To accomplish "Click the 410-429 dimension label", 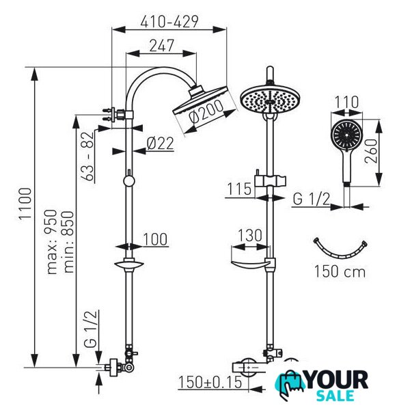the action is (169, 22).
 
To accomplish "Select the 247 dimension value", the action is (162, 46).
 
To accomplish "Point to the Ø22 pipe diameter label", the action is (161, 143).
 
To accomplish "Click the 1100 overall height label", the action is (26, 204).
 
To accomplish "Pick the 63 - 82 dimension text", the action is (87, 156).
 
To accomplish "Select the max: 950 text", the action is (51, 242).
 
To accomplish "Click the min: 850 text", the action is (69, 242).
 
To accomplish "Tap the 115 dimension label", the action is (239, 189).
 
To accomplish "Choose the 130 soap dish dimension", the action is (249, 235).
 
